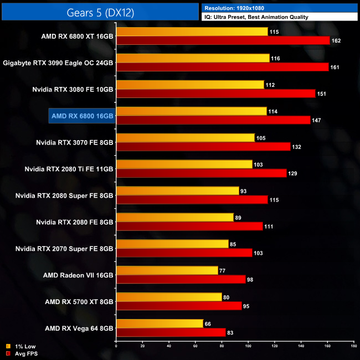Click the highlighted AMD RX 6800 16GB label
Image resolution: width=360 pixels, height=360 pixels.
(82, 115)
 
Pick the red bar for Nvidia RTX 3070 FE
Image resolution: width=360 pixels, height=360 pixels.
(203, 146)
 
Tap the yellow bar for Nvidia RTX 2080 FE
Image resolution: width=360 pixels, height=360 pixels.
(174, 218)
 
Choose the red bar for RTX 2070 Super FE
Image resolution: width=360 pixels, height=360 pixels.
(184, 253)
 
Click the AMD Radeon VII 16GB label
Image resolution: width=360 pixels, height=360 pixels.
(78, 275)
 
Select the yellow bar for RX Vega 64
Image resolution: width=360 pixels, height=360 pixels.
(160, 323)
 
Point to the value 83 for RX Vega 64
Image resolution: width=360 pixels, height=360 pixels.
(232, 333)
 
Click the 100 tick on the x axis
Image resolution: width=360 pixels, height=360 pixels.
(248, 346)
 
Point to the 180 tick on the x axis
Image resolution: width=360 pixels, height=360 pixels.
(353, 346)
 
